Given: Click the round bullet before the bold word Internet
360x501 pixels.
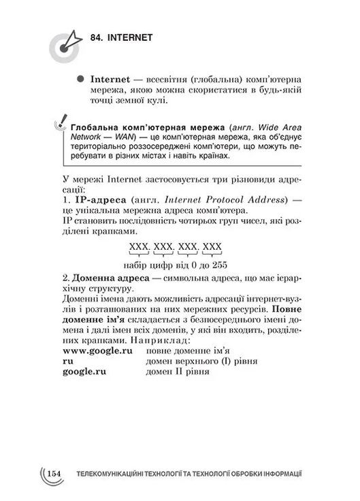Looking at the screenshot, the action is click(80, 79).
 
